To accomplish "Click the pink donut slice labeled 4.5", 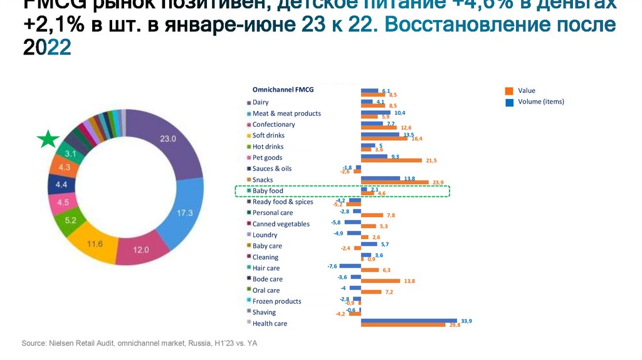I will pos(63,203).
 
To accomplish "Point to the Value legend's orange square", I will pos(509,90).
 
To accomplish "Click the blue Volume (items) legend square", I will pos(509,102).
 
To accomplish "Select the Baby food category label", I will pos(268,191).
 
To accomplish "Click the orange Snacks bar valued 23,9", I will pos(394,183).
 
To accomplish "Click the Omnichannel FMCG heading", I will pos(282,90).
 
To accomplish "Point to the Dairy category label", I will pos(260,102).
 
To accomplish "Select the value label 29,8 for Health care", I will pos(455,326).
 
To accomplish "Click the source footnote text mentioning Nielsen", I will pos(139,344).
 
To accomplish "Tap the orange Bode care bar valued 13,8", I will pos(382,282).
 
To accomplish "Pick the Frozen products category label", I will pos(276,301).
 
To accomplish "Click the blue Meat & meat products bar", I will pos(376,113).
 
